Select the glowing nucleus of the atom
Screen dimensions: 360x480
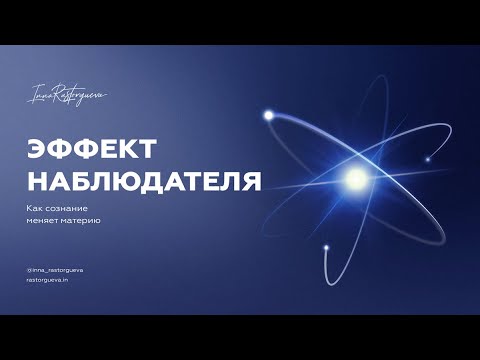pyautogui.click(x=355, y=181)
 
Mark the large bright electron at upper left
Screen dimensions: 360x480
pyautogui.click(x=268, y=116)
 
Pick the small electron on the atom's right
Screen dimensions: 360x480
pyautogui.click(x=427, y=158)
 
